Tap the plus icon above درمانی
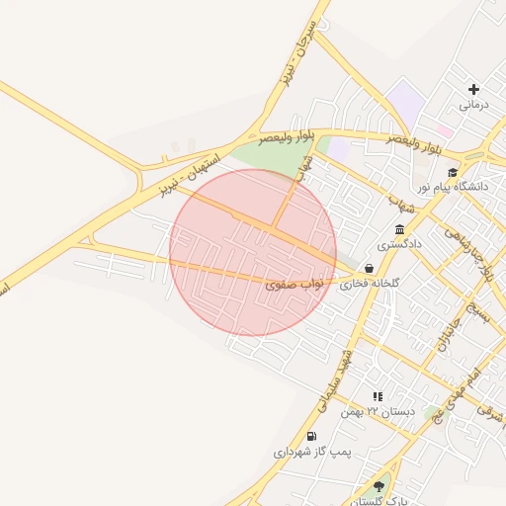point(473,89)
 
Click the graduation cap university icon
point(453,172)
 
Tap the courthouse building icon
point(399,229)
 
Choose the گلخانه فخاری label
point(370,283)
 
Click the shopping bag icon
point(369,268)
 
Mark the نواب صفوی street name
point(294,284)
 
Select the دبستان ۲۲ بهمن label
point(378,410)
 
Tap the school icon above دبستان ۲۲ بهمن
point(378,395)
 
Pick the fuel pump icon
point(312,437)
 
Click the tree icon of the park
point(379,486)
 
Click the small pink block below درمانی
point(446,130)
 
